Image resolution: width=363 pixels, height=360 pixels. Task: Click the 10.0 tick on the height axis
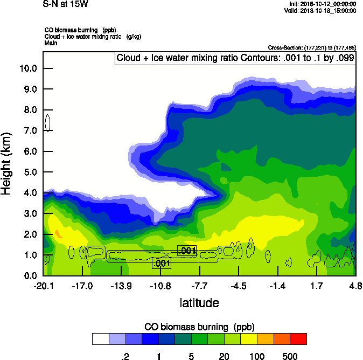pyautogui.click(x=29, y=68)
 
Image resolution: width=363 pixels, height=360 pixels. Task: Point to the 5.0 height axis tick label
pyautogui.click(x=29, y=172)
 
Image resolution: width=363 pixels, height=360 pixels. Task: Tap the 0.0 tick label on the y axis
pyautogui.click(x=29, y=276)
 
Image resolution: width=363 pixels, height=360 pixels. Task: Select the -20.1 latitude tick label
pyautogui.click(x=43, y=286)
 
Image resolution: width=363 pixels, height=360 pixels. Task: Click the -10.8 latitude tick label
pyautogui.click(x=160, y=286)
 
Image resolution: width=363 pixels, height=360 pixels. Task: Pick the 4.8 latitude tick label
pyautogui.click(x=355, y=286)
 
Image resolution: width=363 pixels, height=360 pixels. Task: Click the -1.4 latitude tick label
pyautogui.click(x=277, y=286)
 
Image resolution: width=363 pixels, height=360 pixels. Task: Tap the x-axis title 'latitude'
pyautogui.click(x=199, y=303)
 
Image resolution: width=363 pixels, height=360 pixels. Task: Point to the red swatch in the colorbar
pyautogui.click(x=298, y=338)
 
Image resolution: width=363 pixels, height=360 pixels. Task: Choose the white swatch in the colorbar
pyautogui.click(x=100, y=338)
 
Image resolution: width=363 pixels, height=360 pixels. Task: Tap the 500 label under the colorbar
pyautogui.click(x=290, y=356)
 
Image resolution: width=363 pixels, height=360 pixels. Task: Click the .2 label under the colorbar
pyautogui.click(x=125, y=356)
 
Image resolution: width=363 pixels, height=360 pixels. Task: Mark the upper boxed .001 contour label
pyautogui.click(x=187, y=251)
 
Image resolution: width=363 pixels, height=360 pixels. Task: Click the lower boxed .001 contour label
pyautogui.click(x=162, y=264)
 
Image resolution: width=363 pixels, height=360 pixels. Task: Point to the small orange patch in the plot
pyautogui.click(x=58, y=233)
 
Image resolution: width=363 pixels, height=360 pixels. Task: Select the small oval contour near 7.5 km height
pyautogui.click(x=48, y=122)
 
